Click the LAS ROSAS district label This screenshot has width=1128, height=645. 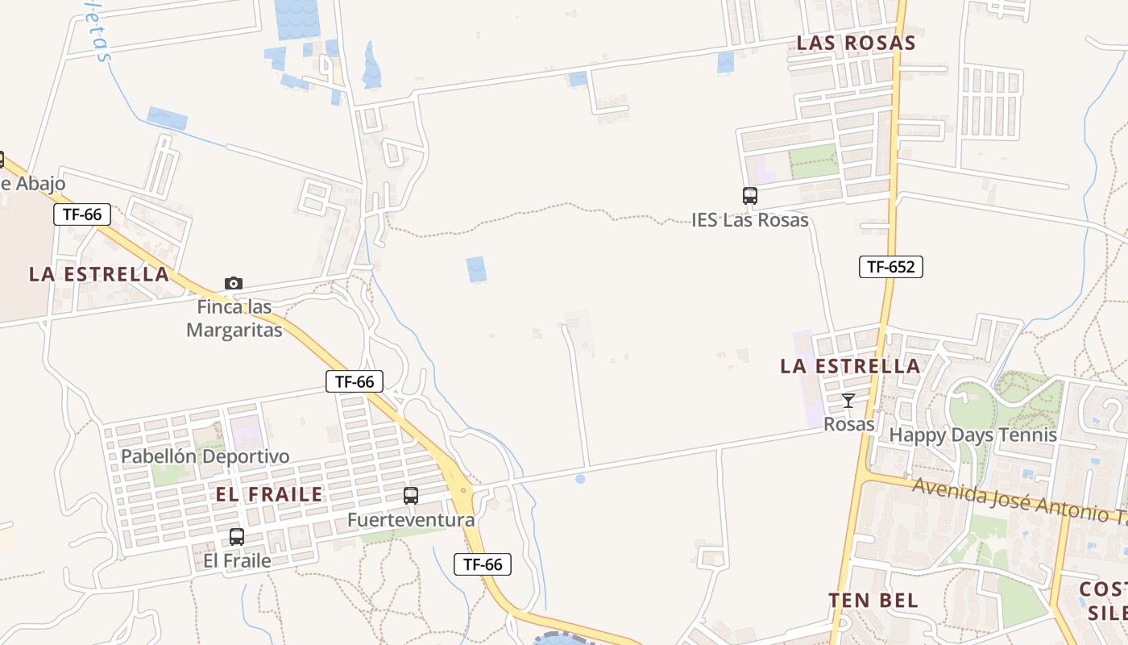pos(856,43)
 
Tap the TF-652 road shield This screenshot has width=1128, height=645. pos(890,267)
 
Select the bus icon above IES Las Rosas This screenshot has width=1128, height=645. pos(749,195)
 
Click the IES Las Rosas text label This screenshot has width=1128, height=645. pos(749,219)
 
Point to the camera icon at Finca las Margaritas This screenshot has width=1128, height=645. pos(234,283)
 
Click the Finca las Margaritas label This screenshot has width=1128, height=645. pos(234,318)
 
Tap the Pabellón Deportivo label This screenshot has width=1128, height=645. pos(205,456)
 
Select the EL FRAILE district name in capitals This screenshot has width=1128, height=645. pos(269,494)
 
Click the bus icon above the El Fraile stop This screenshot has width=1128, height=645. pos(237,537)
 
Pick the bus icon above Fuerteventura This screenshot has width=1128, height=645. pos(411,496)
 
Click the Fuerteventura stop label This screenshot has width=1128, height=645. pos(411,520)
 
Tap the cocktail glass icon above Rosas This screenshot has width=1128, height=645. pos(848,400)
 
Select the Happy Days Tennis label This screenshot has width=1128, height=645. pos(972,435)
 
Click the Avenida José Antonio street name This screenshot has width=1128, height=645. pos(1019,499)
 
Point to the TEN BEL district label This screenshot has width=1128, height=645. pos(873,601)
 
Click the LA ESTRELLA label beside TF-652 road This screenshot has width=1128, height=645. pos(850,366)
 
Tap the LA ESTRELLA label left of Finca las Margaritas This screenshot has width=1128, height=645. pos(99,274)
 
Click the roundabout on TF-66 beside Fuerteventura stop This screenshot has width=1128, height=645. pos(462,489)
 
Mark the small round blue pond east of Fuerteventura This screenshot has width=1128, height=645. pos(580,479)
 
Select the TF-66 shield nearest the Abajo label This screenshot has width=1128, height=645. pos(82,214)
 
